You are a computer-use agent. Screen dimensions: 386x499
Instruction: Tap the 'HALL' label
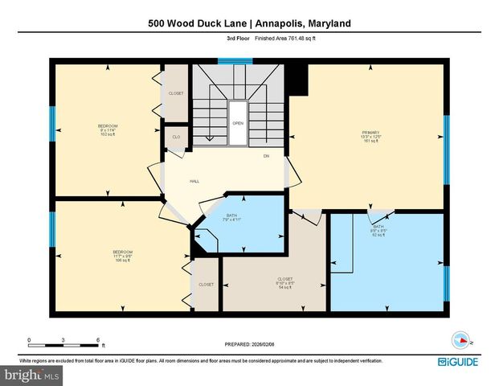194,182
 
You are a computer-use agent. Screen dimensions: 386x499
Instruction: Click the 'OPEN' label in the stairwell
238,123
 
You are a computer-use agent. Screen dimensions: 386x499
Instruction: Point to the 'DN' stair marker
266,156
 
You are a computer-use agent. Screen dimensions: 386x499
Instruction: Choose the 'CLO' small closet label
176,138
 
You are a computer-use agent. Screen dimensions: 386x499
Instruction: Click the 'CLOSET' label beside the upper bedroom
176,93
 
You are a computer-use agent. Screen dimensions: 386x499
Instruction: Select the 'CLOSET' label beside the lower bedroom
206,285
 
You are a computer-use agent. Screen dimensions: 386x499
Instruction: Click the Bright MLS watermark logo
32,376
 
